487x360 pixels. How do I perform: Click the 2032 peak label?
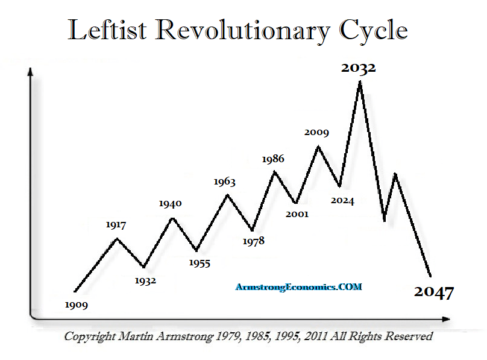[358, 68]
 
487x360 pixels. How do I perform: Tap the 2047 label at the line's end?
[434, 293]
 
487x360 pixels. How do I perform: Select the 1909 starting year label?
[77, 305]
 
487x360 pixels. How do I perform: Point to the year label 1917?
[115, 226]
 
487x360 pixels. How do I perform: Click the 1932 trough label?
[145, 281]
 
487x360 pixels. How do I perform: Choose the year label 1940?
[170, 204]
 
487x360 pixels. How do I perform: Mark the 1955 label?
[200, 263]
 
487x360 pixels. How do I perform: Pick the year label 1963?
[224, 182]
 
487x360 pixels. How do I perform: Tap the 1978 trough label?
[253, 241]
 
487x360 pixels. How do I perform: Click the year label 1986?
[272, 159]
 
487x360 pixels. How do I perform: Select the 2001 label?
[297, 214]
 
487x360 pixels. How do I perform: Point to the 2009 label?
[316, 131]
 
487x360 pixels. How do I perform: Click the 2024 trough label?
[342, 201]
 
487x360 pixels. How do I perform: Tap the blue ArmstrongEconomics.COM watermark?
[298, 287]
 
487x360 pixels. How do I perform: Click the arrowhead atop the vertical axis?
[29, 73]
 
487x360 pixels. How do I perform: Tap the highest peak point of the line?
[360, 82]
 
